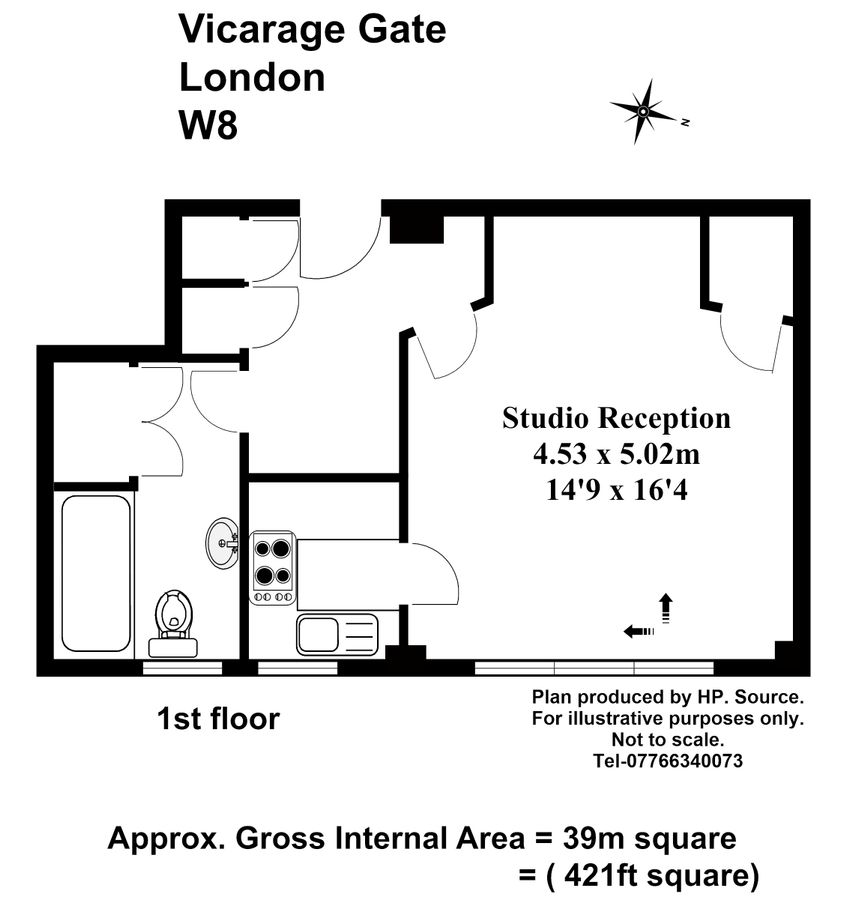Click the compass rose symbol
point(645,112)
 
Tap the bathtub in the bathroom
point(96,572)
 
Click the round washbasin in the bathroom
point(222,543)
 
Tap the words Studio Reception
point(616,417)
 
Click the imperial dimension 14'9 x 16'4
point(616,490)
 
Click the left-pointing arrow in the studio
point(638,631)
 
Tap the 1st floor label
point(218,718)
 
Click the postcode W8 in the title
point(207,126)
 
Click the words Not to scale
point(666,740)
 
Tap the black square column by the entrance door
point(415,228)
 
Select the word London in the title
point(251,77)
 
